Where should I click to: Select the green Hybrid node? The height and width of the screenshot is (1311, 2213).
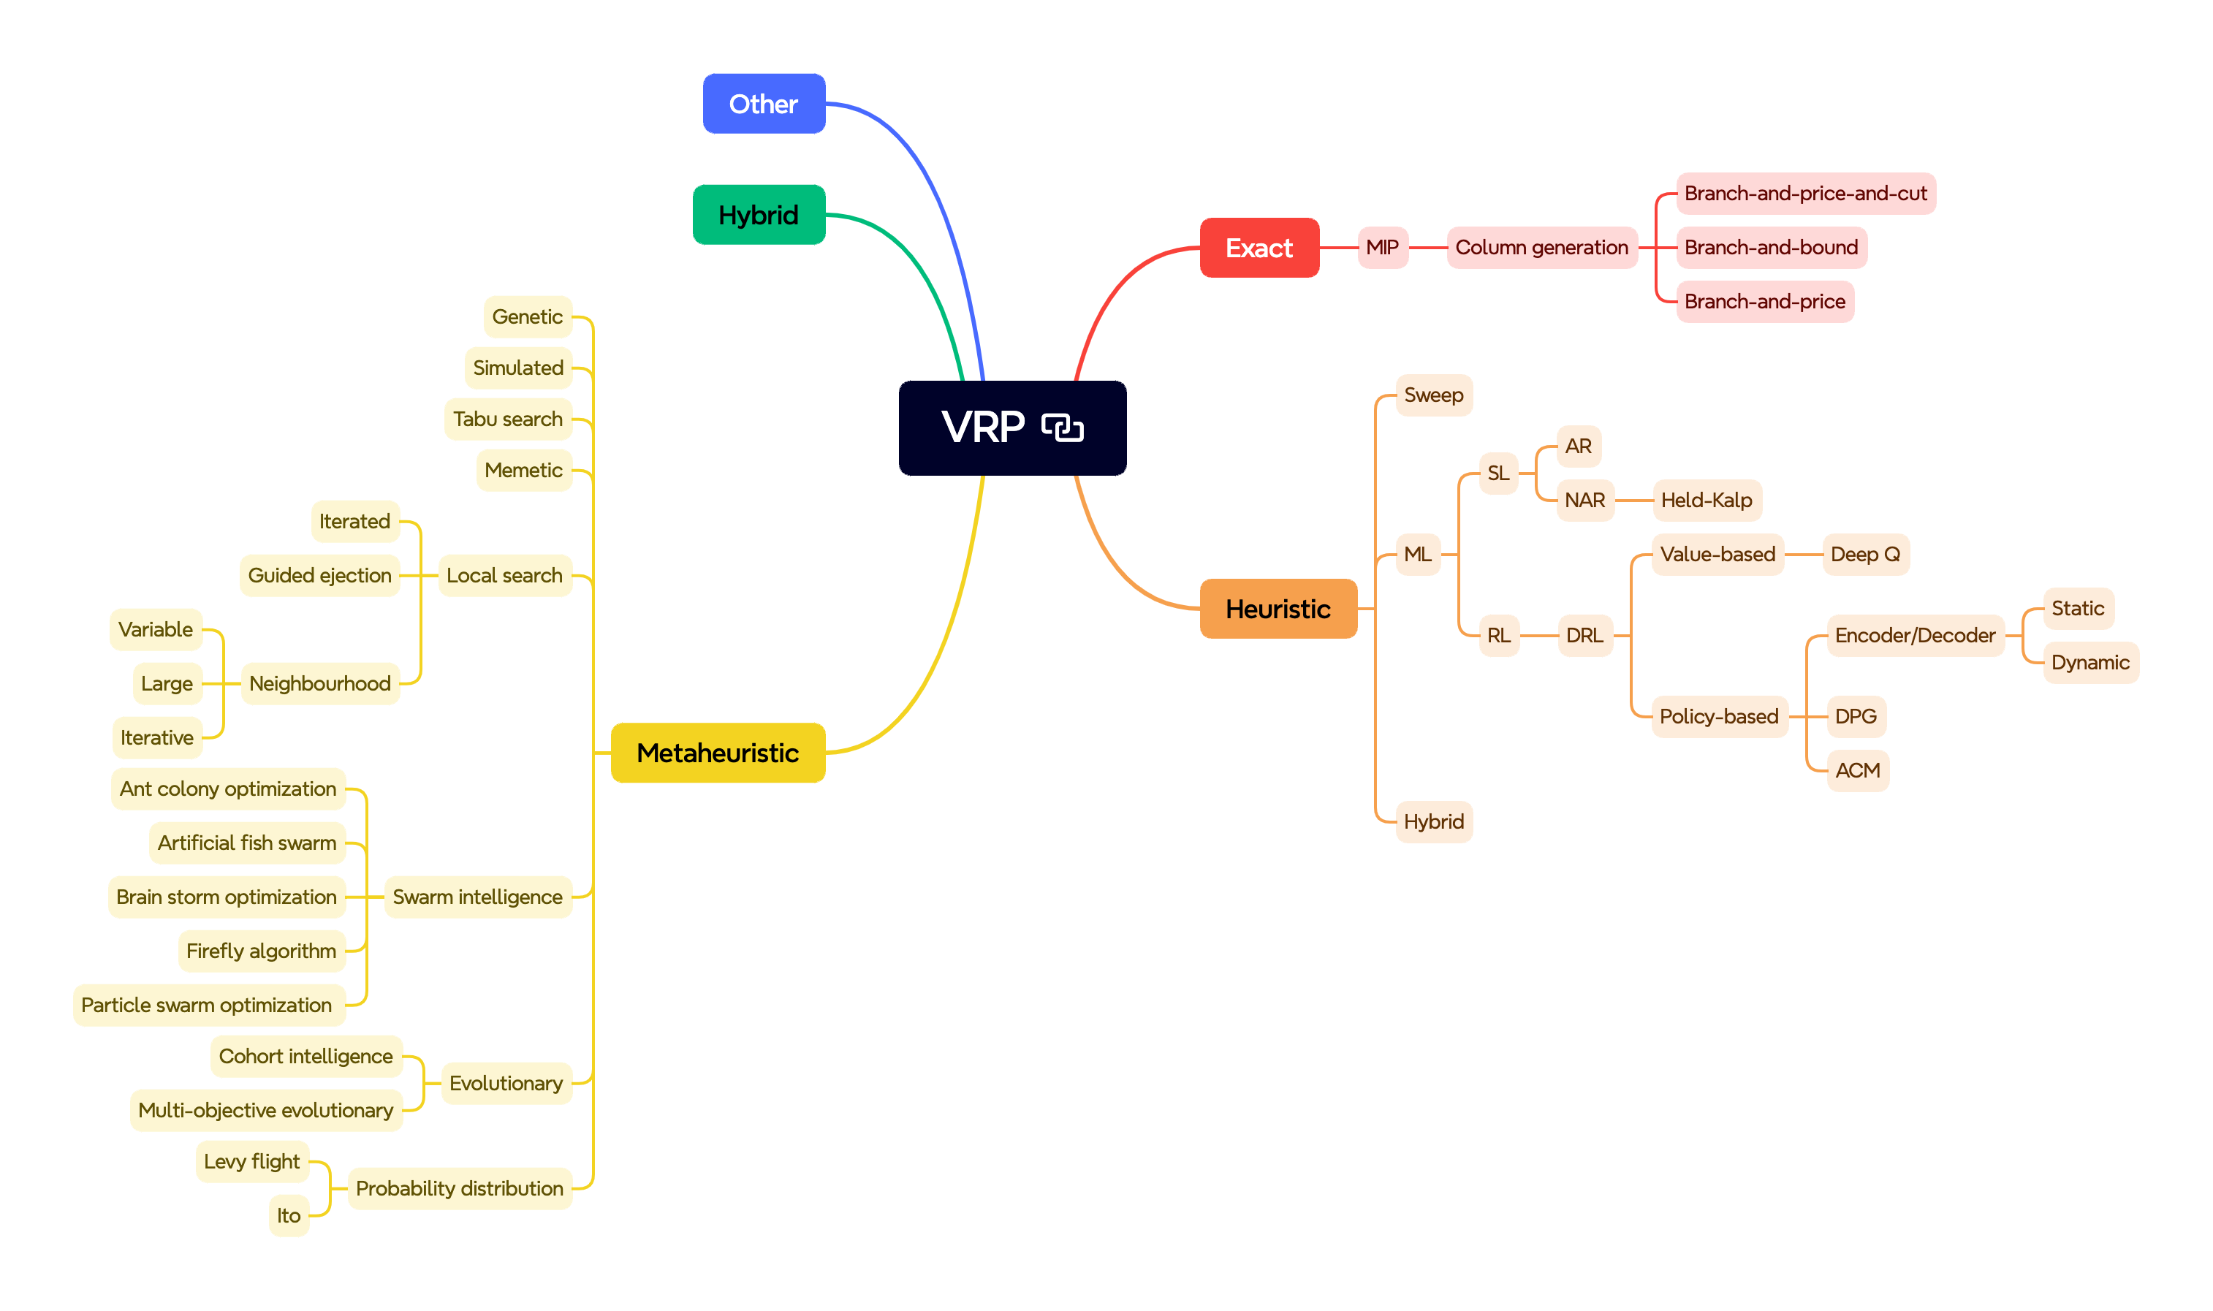coord(759,215)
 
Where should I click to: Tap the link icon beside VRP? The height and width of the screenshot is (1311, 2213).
coord(1062,427)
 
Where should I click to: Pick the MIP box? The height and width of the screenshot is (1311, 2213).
coord(1383,247)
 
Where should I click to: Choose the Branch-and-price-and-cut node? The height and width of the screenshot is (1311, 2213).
coord(1806,194)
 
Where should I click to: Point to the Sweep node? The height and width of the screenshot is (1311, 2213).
coord(1434,395)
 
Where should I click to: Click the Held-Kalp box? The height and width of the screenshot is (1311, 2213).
coord(1707,500)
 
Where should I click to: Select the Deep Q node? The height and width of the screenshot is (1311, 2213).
coord(1866,555)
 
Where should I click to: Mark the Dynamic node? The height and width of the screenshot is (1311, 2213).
coord(2090,663)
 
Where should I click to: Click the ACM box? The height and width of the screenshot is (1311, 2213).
coord(1858,770)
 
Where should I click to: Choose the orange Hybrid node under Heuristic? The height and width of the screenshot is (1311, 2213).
coord(1434,821)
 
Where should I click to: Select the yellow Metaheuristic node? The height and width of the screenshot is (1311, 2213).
coord(718,753)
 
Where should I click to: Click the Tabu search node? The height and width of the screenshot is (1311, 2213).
coord(508,419)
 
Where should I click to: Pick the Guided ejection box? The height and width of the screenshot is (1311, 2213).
coord(320,576)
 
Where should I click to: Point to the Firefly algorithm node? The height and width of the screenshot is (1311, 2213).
coord(262,951)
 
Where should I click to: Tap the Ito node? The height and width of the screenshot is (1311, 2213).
coord(289,1215)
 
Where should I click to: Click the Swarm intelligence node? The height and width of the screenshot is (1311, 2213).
coord(478,897)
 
